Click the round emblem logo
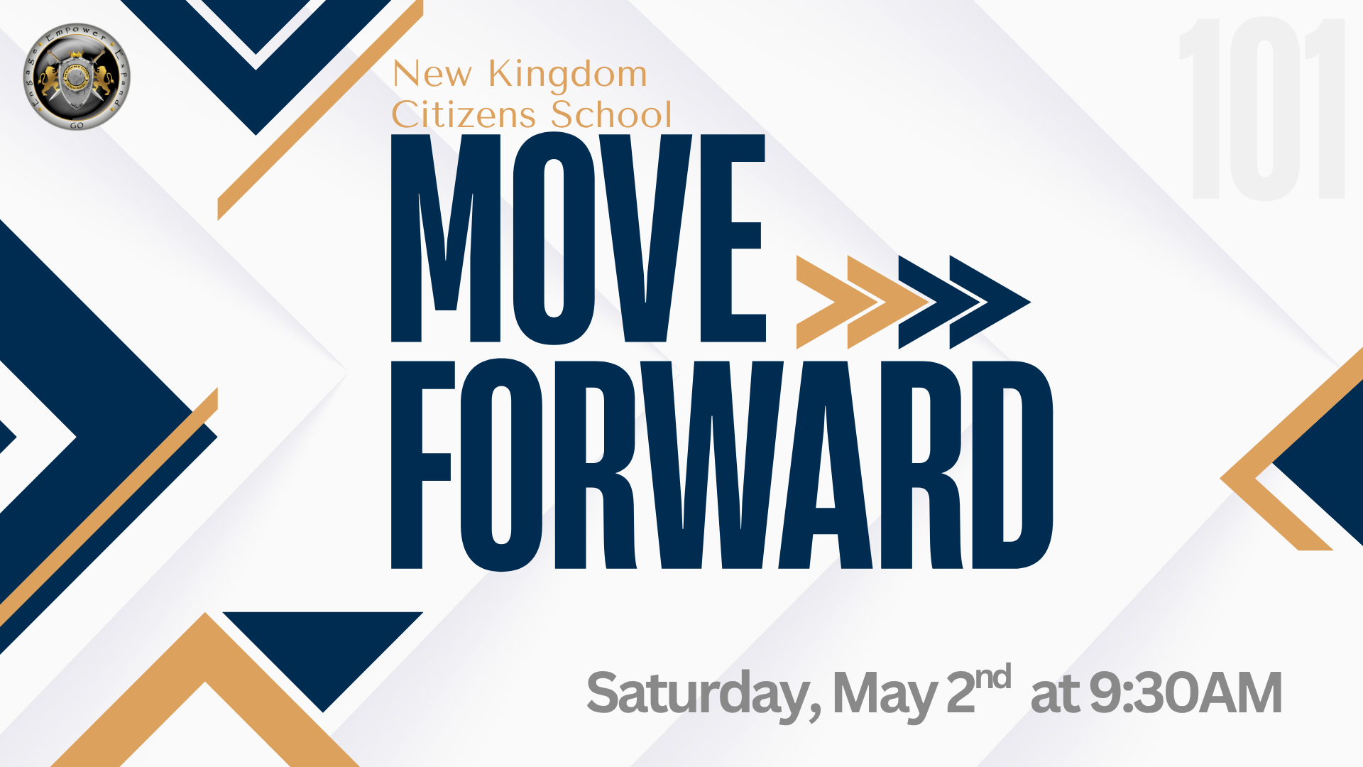tap(77, 77)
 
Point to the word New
tap(432, 74)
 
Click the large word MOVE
tap(578, 239)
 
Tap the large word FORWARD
tap(721, 465)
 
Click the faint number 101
tap(1262, 109)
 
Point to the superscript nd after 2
tap(992, 678)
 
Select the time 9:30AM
tap(1186, 694)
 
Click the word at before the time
tap(1055, 694)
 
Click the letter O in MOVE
tap(554, 239)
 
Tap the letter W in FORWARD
tap(711, 465)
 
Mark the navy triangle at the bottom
tap(323, 646)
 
